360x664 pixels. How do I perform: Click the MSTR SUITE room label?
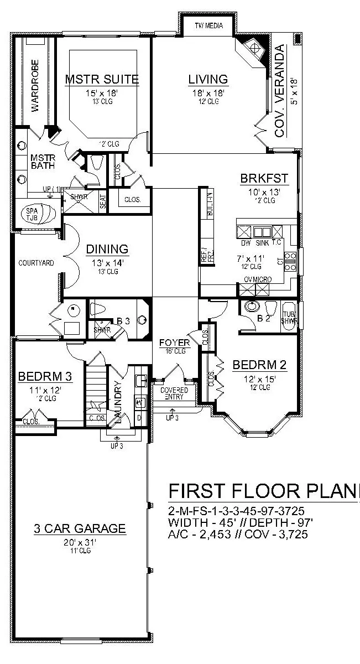(102, 79)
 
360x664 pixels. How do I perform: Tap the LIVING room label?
(207, 79)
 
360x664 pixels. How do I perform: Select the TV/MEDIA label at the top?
(208, 25)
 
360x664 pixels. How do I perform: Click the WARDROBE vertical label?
(35, 86)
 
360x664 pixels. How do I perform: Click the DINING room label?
(107, 250)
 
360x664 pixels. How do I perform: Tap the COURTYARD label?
(36, 263)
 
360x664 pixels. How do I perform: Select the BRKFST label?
(264, 179)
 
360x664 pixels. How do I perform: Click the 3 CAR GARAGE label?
(79, 528)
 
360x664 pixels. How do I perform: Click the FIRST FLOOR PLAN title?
(263, 491)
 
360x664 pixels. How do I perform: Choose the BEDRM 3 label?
(45, 376)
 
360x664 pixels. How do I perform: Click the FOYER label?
(174, 343)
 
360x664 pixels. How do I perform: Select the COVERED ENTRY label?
(174, 393)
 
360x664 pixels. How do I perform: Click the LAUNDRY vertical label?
(117, 402)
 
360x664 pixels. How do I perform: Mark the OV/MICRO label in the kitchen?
(258, 280)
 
